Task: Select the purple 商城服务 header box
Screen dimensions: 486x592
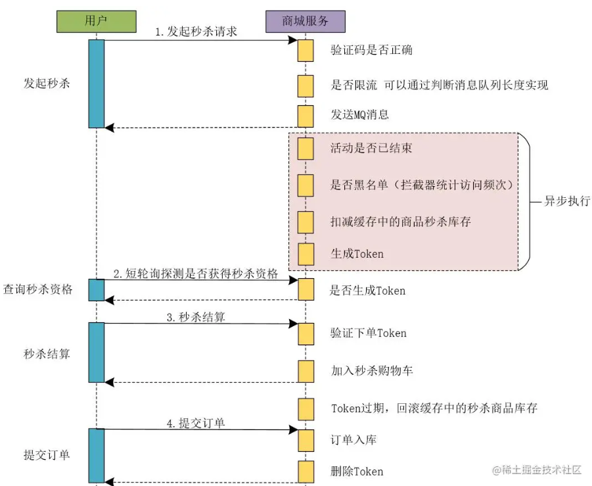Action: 305,21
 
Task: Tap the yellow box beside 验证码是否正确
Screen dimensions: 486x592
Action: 305,50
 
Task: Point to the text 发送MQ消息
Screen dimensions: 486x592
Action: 359,115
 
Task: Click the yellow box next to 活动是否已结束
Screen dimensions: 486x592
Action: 305,148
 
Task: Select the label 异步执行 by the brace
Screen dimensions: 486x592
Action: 567,201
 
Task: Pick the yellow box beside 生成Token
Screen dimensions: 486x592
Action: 305,254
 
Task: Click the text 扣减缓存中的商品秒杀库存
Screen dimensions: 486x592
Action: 400,222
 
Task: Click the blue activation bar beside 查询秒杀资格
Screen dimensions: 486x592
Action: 97,289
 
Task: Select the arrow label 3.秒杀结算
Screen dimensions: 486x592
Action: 195,317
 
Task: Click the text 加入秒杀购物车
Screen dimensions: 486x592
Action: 371,371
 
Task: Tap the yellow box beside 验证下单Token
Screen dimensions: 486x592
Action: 305,333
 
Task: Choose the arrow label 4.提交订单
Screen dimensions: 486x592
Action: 195,423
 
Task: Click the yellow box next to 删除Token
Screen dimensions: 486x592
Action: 305,471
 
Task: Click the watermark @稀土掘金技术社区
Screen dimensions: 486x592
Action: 537,470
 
